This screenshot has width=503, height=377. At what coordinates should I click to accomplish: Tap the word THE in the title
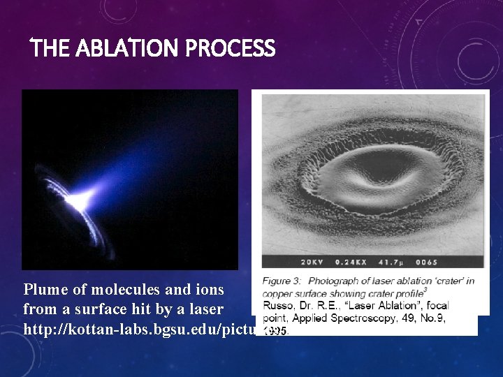point(50,49)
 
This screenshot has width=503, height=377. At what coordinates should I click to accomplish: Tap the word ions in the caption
point(209,289)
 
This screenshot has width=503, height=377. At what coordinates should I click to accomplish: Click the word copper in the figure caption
point(278,293)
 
